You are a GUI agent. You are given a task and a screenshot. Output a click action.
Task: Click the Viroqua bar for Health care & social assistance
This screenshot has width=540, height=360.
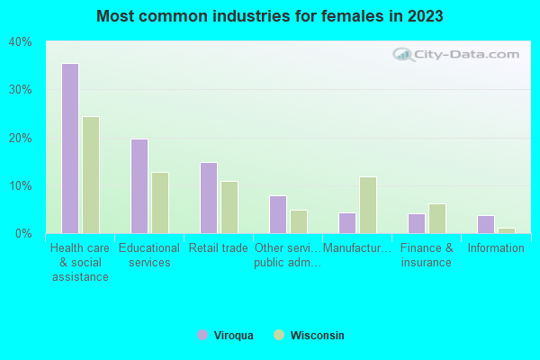pyautogui.click(x=70, y=148)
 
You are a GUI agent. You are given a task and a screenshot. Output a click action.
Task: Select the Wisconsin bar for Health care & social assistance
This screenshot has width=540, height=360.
pyautogui.click(x=91, y=175)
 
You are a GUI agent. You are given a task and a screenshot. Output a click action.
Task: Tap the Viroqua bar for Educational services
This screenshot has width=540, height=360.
pyautogui.click(x=139, y=186)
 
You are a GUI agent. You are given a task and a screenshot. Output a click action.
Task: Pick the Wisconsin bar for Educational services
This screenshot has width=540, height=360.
pyautogui.click(x=160, y=202)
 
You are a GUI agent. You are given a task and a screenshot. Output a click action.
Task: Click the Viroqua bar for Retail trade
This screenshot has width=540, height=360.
pyautogui.click(x=209, y=198)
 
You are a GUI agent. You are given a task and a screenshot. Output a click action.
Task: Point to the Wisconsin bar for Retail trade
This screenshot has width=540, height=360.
pyautogui.click(x=229, y=207)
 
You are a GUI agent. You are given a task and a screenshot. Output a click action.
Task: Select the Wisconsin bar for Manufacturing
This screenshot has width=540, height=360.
pyautogui.click(x=368, y=205)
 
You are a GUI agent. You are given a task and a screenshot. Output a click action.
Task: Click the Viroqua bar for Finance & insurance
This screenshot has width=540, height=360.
pyautogui.click(x=417, y=223)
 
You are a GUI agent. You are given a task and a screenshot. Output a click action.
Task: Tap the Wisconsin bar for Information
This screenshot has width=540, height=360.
pyautogui.click(x=507, y=230)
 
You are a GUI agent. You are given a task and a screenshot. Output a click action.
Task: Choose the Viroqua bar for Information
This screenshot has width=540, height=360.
pyautogui.click(x=486, y=224)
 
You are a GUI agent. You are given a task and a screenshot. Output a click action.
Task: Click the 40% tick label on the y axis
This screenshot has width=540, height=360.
pyautogui.click(x=21, y=41)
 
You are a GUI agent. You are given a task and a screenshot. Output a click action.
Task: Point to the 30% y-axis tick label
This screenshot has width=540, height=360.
pyautogui.click(x=21, y=90)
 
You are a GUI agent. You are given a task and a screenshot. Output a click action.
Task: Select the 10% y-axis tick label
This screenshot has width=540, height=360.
pyautogui.click(x=21, y=186)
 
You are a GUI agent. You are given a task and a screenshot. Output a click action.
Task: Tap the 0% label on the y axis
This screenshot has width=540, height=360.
pyautogui.click(x=24, y=234)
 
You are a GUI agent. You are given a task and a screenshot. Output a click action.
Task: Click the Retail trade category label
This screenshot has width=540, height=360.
pyautogui.click(x=218, y=248)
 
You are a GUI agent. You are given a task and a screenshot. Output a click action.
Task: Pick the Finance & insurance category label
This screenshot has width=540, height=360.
pyautogui.click(x=427, y=256)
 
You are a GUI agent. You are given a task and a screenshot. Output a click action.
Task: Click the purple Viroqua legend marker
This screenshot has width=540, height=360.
pyautogui.click(x=202, y=336)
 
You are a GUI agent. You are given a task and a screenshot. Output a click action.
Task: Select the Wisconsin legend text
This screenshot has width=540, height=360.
pyautogui.click(x=317, y=336)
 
